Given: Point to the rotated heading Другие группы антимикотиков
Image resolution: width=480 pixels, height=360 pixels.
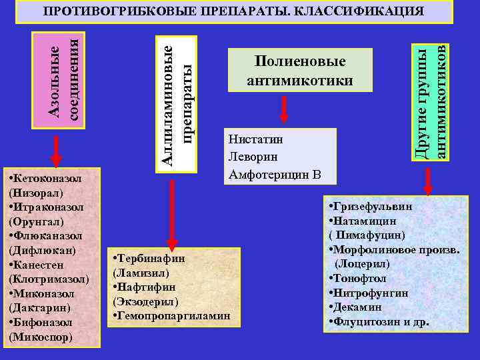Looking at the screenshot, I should [x=430, y=102].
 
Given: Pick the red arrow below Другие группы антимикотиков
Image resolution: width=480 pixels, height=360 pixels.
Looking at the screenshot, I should [x=427, y=180].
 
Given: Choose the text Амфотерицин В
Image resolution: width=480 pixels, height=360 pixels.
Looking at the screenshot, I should [x=275, y=175].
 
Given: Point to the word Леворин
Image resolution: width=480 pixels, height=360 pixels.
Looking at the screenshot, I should [x=253, y=158].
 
